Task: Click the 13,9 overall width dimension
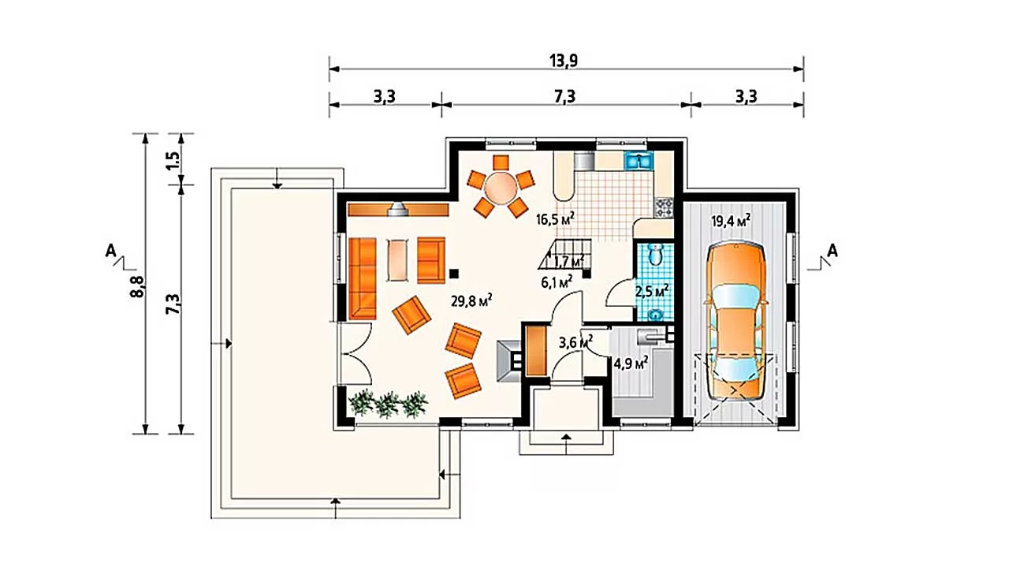(564, 61)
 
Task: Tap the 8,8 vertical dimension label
(137, 287)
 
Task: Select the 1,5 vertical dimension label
(173, 160)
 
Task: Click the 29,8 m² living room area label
(471, 300)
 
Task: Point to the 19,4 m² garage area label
(731, 221)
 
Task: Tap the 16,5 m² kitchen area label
(556, 218)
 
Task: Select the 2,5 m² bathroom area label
(652, 291)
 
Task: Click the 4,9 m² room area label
(631, 363)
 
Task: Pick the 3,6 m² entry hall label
(575, 342)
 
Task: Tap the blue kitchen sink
(638, 160)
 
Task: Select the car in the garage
(736, 322)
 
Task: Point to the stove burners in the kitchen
(664, 207)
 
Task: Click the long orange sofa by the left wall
(363, 278)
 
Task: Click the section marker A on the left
(111, 251)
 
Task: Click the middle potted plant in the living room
(388, 405)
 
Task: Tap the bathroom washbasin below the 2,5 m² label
(655, 314)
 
